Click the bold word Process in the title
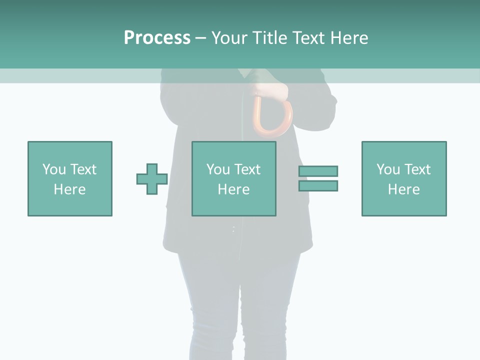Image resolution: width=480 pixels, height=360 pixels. [x=157, y=38]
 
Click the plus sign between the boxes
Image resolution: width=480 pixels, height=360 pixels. [x=152, y=179]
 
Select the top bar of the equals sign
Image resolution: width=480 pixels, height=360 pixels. [x=318, y=171]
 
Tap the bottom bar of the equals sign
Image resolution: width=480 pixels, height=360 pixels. [x=318, y=186]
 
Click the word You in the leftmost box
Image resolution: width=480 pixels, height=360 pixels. [x=54, y=169]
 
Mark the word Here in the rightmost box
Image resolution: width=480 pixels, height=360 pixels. [x=404, y=189]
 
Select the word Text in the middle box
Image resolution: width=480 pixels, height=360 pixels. [x=247, y=169]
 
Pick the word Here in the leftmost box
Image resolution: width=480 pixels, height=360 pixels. [x=70, y=189]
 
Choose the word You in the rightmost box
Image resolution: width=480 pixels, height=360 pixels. [x=388, y=169]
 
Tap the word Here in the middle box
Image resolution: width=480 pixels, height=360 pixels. [x=234, y=189]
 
